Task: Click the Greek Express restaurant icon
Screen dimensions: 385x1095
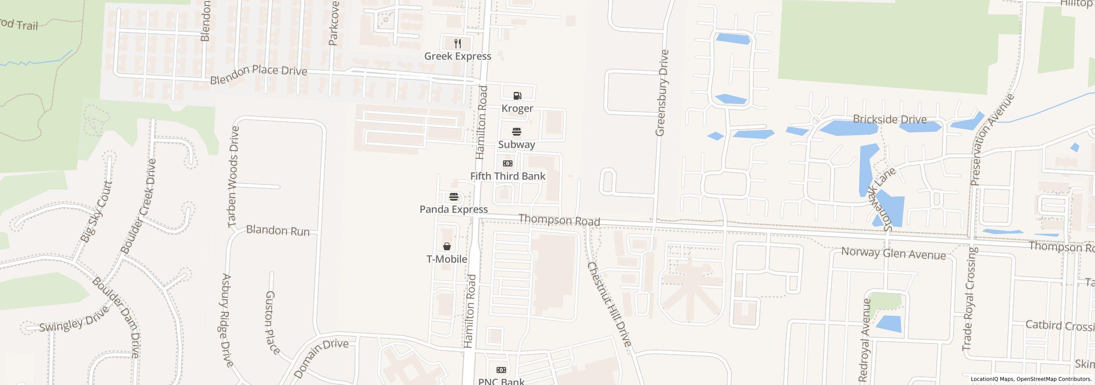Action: tap(458, 43)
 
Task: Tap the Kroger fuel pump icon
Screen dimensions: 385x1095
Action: tap(517, 95)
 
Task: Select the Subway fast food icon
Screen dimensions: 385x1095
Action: tap(516, 131)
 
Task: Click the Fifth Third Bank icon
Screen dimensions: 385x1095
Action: tap(508, 163)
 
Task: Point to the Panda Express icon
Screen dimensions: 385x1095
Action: tap(453, 197)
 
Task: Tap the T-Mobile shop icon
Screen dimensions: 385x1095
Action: tap(447, 246)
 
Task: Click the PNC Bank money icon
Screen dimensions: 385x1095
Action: tap(501, 370)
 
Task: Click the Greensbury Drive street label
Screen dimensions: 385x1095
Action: tap(662, 93)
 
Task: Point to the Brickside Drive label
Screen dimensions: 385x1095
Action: tap(890, 119)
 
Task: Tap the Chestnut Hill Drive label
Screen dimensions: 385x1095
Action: tap(609, 304)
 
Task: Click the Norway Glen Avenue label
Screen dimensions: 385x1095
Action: tap(894, 253)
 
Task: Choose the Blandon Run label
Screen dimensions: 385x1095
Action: tap(278, 231)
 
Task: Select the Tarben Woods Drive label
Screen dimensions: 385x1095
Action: tap(233, 176)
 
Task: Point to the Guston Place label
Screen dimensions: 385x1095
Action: tap(272, 323)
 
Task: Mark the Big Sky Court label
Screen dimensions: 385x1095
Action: tap(97, 211)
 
